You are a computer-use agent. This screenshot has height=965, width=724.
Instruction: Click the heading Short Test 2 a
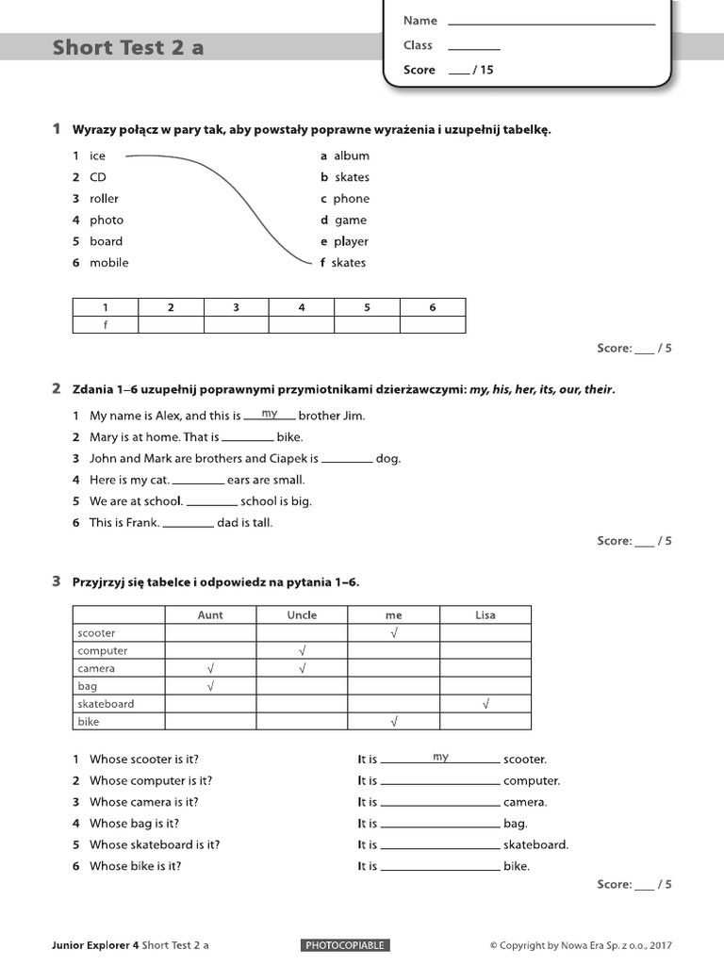pyautogui.click(x=128, y=48)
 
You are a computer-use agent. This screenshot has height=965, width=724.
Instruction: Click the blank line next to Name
pyautogui.click(x=551, y=22)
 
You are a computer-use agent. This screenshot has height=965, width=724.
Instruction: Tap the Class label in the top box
pyautogui.click(x=418, y=45)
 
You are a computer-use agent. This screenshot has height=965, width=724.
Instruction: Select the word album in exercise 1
pyautogui.click(x=351, y=155)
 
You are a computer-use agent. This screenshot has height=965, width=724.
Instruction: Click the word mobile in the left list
pyautogui.click(x=109, y=263)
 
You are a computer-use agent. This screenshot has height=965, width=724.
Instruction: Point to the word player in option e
pyautogui.click(x=351, y=241)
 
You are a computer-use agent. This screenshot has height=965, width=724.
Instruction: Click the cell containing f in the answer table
pyautogui.click(x=106, y=324)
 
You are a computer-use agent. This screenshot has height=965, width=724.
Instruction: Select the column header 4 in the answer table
pyautogui.click(x=302, y=307)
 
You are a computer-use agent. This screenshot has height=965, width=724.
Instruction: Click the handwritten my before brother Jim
pyautogui.click(x=270, y=414)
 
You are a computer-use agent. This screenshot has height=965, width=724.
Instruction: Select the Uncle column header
pyautogui.click(x=302, y=615)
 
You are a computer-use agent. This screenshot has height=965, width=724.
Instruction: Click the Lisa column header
pyautogui.click(x=485, y=615)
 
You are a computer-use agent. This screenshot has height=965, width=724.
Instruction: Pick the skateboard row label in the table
pyautogui.click(x=106, y=704)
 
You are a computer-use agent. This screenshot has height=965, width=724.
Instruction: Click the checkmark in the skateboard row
pyautogui.click(x=485, y=704)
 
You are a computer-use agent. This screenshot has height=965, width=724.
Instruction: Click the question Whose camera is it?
pyautogui.click(x=144, y=802)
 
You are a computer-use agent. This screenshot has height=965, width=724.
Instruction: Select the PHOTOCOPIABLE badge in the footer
pyautogui.click(x=346, y=945)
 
